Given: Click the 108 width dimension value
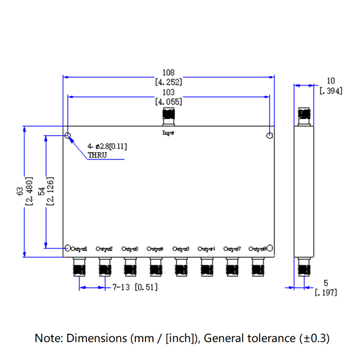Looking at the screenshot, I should point(168,72).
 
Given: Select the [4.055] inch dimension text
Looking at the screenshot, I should point(168,102).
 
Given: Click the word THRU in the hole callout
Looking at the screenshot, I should point(98,155).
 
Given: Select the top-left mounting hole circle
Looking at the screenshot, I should point(67,136).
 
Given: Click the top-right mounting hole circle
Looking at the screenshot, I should point(270,136).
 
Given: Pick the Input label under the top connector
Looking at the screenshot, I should point(168,133).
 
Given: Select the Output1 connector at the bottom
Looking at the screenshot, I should point(79,266).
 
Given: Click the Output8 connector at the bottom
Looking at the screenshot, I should point(258,266).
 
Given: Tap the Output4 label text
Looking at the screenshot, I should point(155,248).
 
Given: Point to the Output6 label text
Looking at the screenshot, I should point(207,248).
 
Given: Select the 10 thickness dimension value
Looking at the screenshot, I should point(331,81).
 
